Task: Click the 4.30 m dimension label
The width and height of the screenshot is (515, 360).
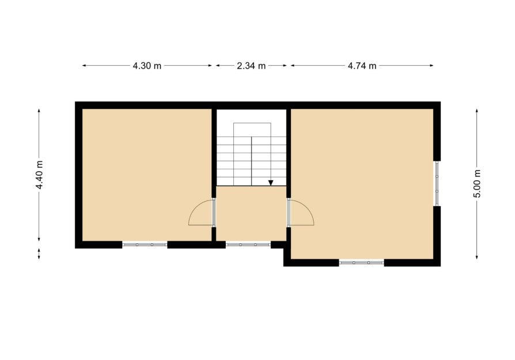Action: [147, 66]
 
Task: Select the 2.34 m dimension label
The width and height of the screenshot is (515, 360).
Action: [251, 66]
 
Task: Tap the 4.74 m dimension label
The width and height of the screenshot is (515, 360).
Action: [362, 66]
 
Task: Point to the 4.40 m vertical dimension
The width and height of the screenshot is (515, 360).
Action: [39, 175]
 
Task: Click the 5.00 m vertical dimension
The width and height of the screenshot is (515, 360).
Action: [477, 184]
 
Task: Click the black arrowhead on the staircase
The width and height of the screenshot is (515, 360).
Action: [271, 183]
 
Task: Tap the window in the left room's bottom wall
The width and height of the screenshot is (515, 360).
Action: [145, 245]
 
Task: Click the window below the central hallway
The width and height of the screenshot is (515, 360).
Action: [248, 245]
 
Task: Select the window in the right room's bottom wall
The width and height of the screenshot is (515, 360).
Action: [361, 263]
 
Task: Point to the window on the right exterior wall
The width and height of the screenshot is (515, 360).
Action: [437, 183]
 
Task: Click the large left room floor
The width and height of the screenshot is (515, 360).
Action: [146, 175]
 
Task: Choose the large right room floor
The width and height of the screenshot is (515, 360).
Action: [362, 184]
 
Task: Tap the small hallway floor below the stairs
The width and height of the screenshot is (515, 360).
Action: [251, 214]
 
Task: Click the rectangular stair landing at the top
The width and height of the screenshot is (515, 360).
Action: [252, 130]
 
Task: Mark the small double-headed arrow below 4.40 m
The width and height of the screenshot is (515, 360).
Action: [39, 253]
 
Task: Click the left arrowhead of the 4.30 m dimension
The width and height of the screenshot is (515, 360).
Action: [84, 66]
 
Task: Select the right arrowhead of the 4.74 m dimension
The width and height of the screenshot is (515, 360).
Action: [431, 66]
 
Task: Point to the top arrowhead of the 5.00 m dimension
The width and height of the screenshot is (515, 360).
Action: [477, 111]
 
